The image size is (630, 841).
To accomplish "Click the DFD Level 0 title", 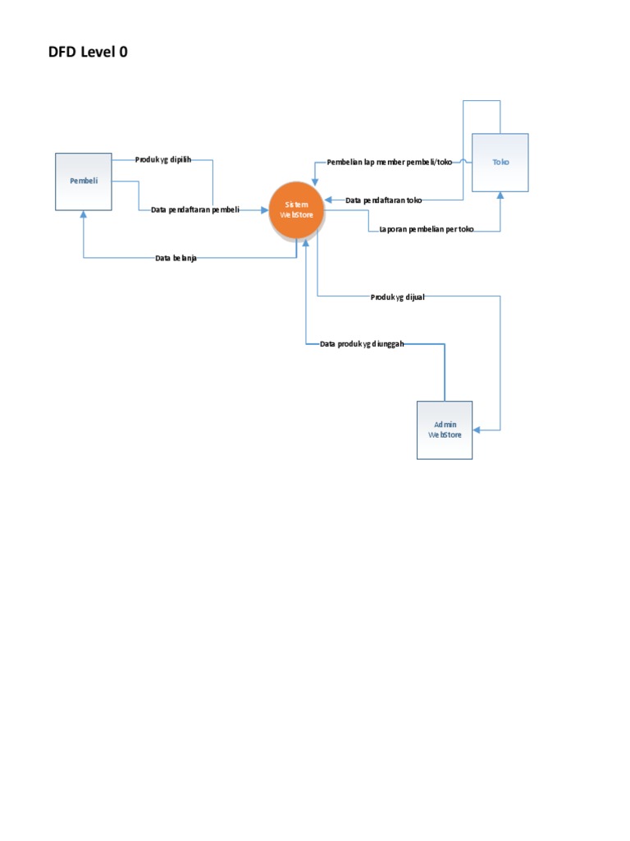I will tap(89, 53).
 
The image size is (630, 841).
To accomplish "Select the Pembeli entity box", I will tap(84, 182).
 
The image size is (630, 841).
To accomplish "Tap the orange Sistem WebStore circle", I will tap(297, 209).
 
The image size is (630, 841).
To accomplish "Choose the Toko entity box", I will tap(500, 163).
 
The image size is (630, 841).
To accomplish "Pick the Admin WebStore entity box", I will tap(445, 430).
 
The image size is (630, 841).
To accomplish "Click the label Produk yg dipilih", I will tap(163, 159).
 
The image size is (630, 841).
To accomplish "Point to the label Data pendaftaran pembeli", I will tap(195, 210).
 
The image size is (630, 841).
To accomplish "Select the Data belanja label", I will tap(176, 259).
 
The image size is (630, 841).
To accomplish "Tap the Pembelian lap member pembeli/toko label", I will tap(389, 162).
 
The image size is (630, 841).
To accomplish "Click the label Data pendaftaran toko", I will tap(384, 200).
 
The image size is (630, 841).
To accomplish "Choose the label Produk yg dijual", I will tap(397, 297).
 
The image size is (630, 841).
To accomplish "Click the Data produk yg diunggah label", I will tap(362, 343).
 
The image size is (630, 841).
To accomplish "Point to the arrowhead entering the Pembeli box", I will tap(84, 214).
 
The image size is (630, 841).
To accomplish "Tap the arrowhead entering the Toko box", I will tap(500, 195).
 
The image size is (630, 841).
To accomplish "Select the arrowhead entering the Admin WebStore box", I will tap(477, 430).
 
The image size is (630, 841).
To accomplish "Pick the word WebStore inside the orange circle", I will tap(297, 215).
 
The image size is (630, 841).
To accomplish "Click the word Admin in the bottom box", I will tap(445, 425).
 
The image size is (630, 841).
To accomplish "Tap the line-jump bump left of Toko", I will tap(466, 162).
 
